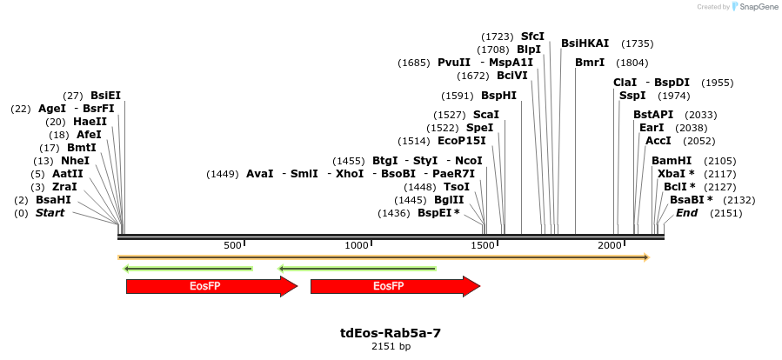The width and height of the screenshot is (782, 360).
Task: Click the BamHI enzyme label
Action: coord(672,161)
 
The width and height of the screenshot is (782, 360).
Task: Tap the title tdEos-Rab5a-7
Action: coord(391,332)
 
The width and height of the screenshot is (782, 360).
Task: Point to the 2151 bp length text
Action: coord(391,346)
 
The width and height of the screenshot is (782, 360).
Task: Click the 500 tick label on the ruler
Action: coord(232,245)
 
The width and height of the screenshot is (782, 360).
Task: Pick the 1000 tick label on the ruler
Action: coord(358,245)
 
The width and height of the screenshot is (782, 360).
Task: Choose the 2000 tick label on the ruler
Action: coord(609,245)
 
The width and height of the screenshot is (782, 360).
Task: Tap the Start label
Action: coord(50,213)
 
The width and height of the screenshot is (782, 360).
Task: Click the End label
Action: coord(686,213)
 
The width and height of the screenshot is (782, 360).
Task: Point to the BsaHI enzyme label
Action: coord(53,200)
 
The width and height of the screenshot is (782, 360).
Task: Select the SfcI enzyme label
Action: coord(532,37)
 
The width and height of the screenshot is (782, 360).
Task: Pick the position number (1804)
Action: coord(632,63)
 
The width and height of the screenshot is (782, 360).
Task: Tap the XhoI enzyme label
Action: coord(350,174)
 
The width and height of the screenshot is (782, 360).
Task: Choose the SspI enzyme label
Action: coord(632,96)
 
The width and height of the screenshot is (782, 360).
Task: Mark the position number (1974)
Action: coord(673,96)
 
